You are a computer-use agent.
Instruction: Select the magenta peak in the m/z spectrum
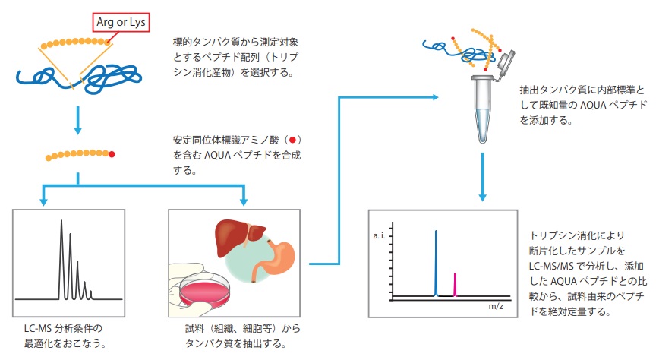point(455,283)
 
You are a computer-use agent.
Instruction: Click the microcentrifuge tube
point(483,106)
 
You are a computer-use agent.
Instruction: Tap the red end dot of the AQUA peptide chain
point(112,155)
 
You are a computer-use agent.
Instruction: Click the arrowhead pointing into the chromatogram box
point(43,201)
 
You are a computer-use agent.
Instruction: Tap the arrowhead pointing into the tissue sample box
point(244,201)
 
